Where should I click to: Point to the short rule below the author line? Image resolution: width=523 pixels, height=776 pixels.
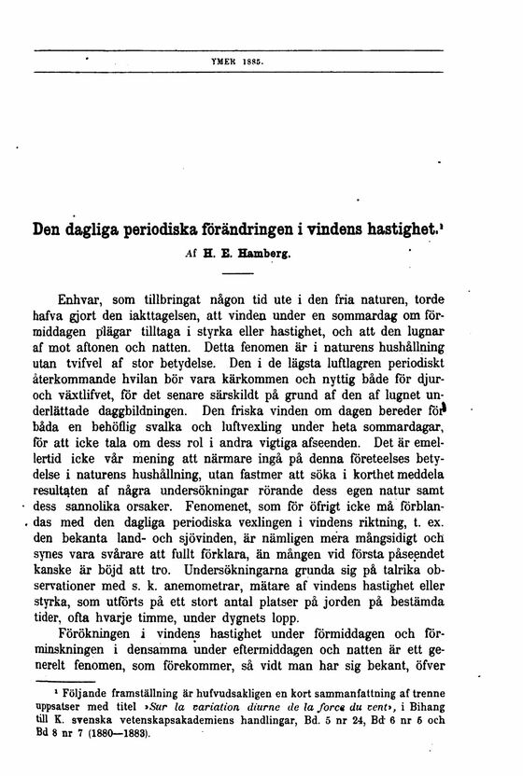point(238,273)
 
